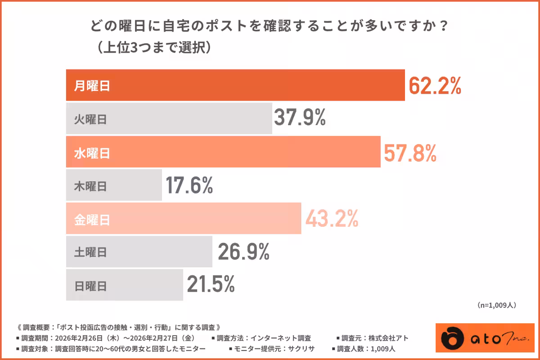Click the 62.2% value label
tap(435, 85)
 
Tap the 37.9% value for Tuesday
tap(299, 119)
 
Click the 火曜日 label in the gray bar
tap(90, 120)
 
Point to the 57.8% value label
tap(410, 153)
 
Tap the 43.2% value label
tap(332, 219)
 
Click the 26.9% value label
tap(243, 252)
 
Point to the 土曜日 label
tap(90, 252)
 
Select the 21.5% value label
tap(211, 284)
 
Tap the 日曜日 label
tap(90, 286)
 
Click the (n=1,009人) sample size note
tap(496, 305)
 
